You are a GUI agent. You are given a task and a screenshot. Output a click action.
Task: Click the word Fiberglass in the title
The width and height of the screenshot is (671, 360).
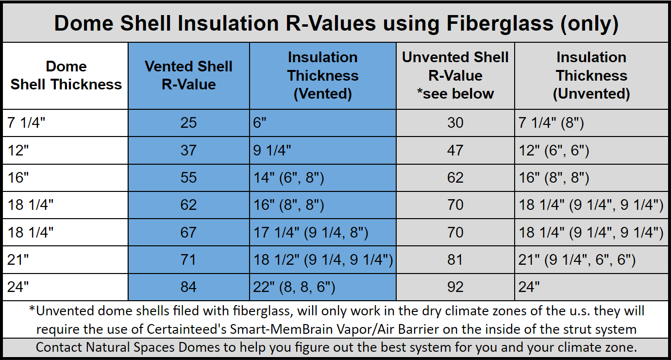[x=500, y=24]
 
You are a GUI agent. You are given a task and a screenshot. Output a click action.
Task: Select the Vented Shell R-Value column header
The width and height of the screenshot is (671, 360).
[x=188, y=75]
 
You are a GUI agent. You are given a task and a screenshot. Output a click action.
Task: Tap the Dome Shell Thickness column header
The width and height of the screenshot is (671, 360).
[x=66, y=75]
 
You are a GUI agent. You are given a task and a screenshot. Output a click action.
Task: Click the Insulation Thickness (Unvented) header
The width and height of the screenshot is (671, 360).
[x=591, y=75]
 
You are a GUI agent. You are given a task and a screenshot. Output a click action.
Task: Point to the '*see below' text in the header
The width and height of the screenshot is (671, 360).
[x=455, y=93]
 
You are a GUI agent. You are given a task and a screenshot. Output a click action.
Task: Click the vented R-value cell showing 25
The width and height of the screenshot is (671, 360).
[x=188, y=122]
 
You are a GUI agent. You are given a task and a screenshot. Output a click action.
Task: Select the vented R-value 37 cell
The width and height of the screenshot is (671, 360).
[x=188, y=150]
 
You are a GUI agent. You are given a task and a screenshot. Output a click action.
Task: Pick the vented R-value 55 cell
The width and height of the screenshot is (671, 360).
[x=188, y=177]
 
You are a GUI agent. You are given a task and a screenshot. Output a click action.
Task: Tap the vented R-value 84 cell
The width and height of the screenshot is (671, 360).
[x=188, y=287]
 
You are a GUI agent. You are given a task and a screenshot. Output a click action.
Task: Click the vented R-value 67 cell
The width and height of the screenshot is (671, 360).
[x=188, y=232]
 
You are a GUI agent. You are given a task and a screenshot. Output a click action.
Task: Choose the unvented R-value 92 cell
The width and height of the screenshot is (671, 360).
[x=455, y=287]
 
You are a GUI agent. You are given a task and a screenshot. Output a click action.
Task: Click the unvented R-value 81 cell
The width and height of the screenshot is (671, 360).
[x=455, y=259]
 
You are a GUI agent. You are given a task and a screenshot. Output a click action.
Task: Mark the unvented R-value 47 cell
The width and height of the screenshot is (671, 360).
[x=455, y=150]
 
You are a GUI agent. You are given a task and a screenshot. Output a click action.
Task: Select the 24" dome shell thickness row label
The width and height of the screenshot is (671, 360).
[x=18, y=287]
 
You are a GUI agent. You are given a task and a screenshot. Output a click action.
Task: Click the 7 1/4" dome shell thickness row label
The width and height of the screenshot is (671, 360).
[x=26, y=122]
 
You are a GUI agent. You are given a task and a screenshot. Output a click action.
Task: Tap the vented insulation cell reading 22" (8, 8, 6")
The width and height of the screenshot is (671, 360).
[x=294, y=287]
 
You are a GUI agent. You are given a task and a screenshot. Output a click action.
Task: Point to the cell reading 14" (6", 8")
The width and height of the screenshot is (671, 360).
[x=289, y=177]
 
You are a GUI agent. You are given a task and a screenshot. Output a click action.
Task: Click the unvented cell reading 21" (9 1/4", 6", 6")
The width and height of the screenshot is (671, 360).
[x=577, y=259]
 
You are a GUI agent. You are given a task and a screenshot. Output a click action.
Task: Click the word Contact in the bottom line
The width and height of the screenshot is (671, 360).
[x=59, y=347]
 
